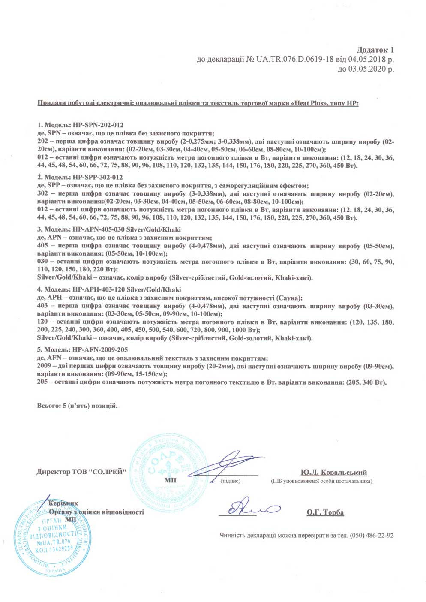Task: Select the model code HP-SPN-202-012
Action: [x=98, y=125]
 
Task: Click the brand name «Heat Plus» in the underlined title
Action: [x=309, y=104]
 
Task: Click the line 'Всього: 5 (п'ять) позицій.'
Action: [x=77, y=406]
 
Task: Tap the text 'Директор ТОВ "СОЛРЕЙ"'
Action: [x=81, y=472]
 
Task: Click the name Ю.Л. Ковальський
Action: [x=333, y=473]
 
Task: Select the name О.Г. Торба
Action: [x=325, y=512]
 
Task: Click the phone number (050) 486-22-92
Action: [x=372, y=536]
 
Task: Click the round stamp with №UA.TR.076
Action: [x=54, y=536]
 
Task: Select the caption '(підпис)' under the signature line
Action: [x=230, y=481]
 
